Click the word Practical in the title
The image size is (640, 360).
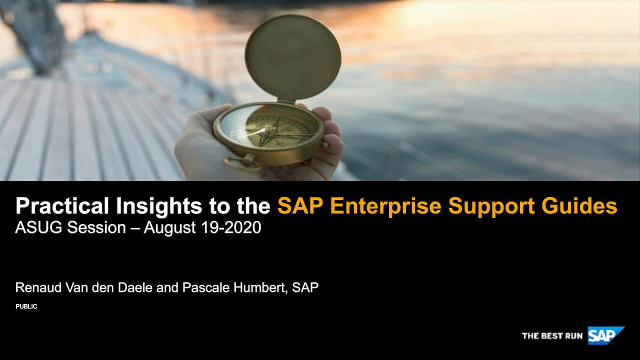pos(62,205)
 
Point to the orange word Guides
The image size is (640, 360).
pos(579,205)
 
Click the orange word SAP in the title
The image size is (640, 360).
pos(300,205)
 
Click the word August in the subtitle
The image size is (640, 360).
pos(170,229)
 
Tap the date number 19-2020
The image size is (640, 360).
pos(231,227)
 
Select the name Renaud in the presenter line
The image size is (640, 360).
pos(38,287)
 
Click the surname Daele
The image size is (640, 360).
pos(135,287)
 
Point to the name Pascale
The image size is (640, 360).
pos(206,287)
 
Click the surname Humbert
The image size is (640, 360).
pos(260,287)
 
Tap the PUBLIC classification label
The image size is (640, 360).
pos(26,306)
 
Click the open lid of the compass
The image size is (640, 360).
pos(293,57)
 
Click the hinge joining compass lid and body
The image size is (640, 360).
pos(286,100)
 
